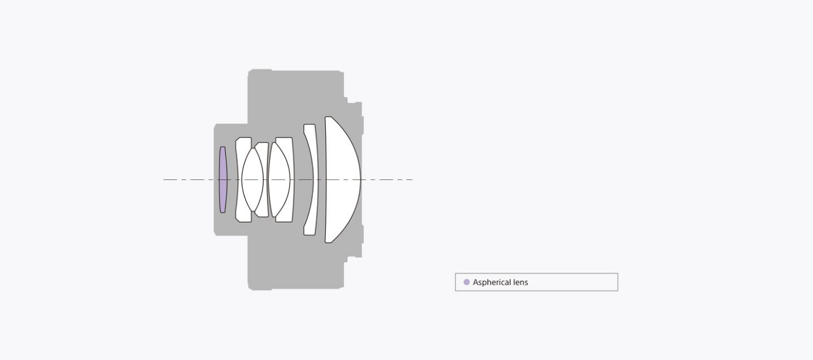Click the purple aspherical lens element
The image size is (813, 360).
pyautogui.click(x=223, y=179)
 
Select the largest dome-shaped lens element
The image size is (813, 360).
pyautogui.click(x=341, y=179)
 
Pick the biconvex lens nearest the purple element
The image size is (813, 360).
pyautogui.click(x=253, y=179)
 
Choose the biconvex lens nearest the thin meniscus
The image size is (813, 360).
pyautogui.click(x=279, y=179)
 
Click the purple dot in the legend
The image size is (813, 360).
pyautogui.click(x=466, y=282)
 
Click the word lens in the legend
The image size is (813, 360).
pyautogui.click(x=520, y=282)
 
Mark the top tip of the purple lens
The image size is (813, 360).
pyautogui.click(x=222, y=147)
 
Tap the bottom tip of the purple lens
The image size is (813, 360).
pyautogui.click(x=222, y=213)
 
